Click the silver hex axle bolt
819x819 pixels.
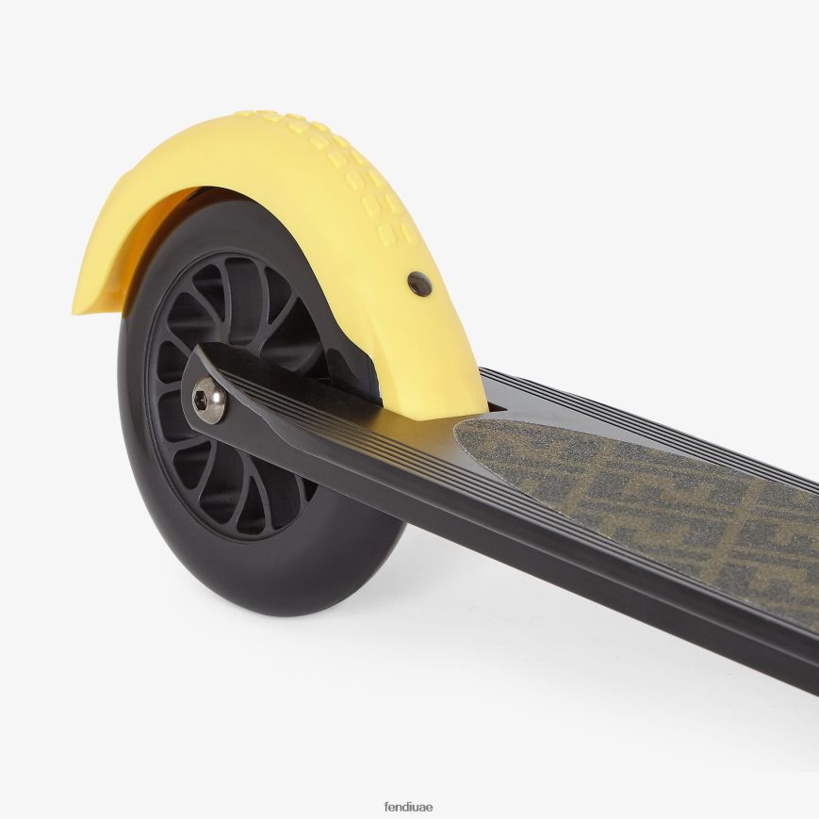click(x=209, y=401)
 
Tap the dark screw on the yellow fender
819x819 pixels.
click(x=420, y=284)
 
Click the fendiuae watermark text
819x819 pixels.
click(x=408, y=807)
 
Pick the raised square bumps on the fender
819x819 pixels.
click(x=345, y=172)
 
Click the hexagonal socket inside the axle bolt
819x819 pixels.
click(x=201, y=400)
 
